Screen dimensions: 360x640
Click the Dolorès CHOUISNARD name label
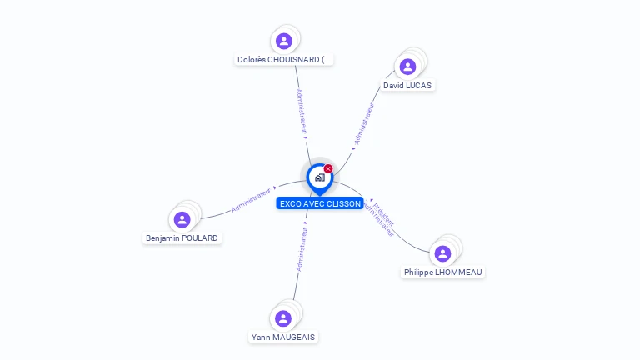pyautogui.click(x=284, y=60)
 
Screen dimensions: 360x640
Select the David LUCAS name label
pyautogui.click(x=407, y=86)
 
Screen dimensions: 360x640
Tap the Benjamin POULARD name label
pyautogui.click(x=182, y=238)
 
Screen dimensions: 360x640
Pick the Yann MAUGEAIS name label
pyautogui.click(x=283, y=337)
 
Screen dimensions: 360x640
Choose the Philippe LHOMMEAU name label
pyautogui.click(x=442, y=272)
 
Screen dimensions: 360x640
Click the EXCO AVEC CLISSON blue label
pyautogui.click(x=320, y=203)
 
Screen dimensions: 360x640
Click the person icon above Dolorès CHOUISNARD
pyautogui.click(x=284, y=41)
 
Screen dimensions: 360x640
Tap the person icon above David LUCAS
pyautogui.click(x=407, y=67)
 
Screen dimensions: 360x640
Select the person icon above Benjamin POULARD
pyautogui.click(x=182, y=219)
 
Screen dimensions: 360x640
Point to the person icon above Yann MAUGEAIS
pyautogui.click(x=283, y=318)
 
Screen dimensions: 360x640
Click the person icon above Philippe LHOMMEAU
pyautogui.click(x=442, y=253)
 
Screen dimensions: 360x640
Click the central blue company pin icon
pyautogui.click(x=319, y=177)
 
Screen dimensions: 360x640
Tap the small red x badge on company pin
pyautogui.click(x=328, y=169)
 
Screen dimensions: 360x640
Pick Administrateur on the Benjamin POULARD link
pyautogui.click(x=251, y=198)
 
